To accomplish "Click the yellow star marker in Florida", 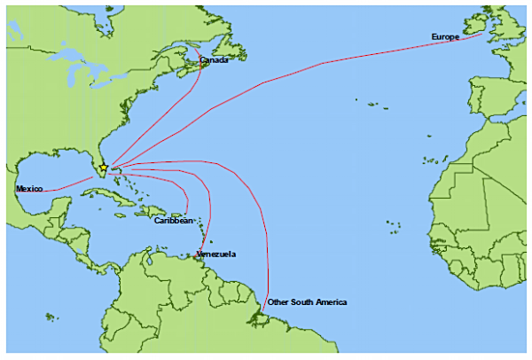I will click(x=104, y=167).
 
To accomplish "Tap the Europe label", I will click(x=445, y=36).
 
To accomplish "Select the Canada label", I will click(x=214, y=60).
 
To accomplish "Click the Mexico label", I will click(x=29, y=189).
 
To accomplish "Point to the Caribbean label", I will click(x=173, y=220).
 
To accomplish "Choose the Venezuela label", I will click(x=216, y=254).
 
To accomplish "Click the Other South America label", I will click(x=307, y=302).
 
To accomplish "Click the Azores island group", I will click(x=372, y=107).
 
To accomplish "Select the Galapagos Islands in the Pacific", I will click(x=51, y=317).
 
